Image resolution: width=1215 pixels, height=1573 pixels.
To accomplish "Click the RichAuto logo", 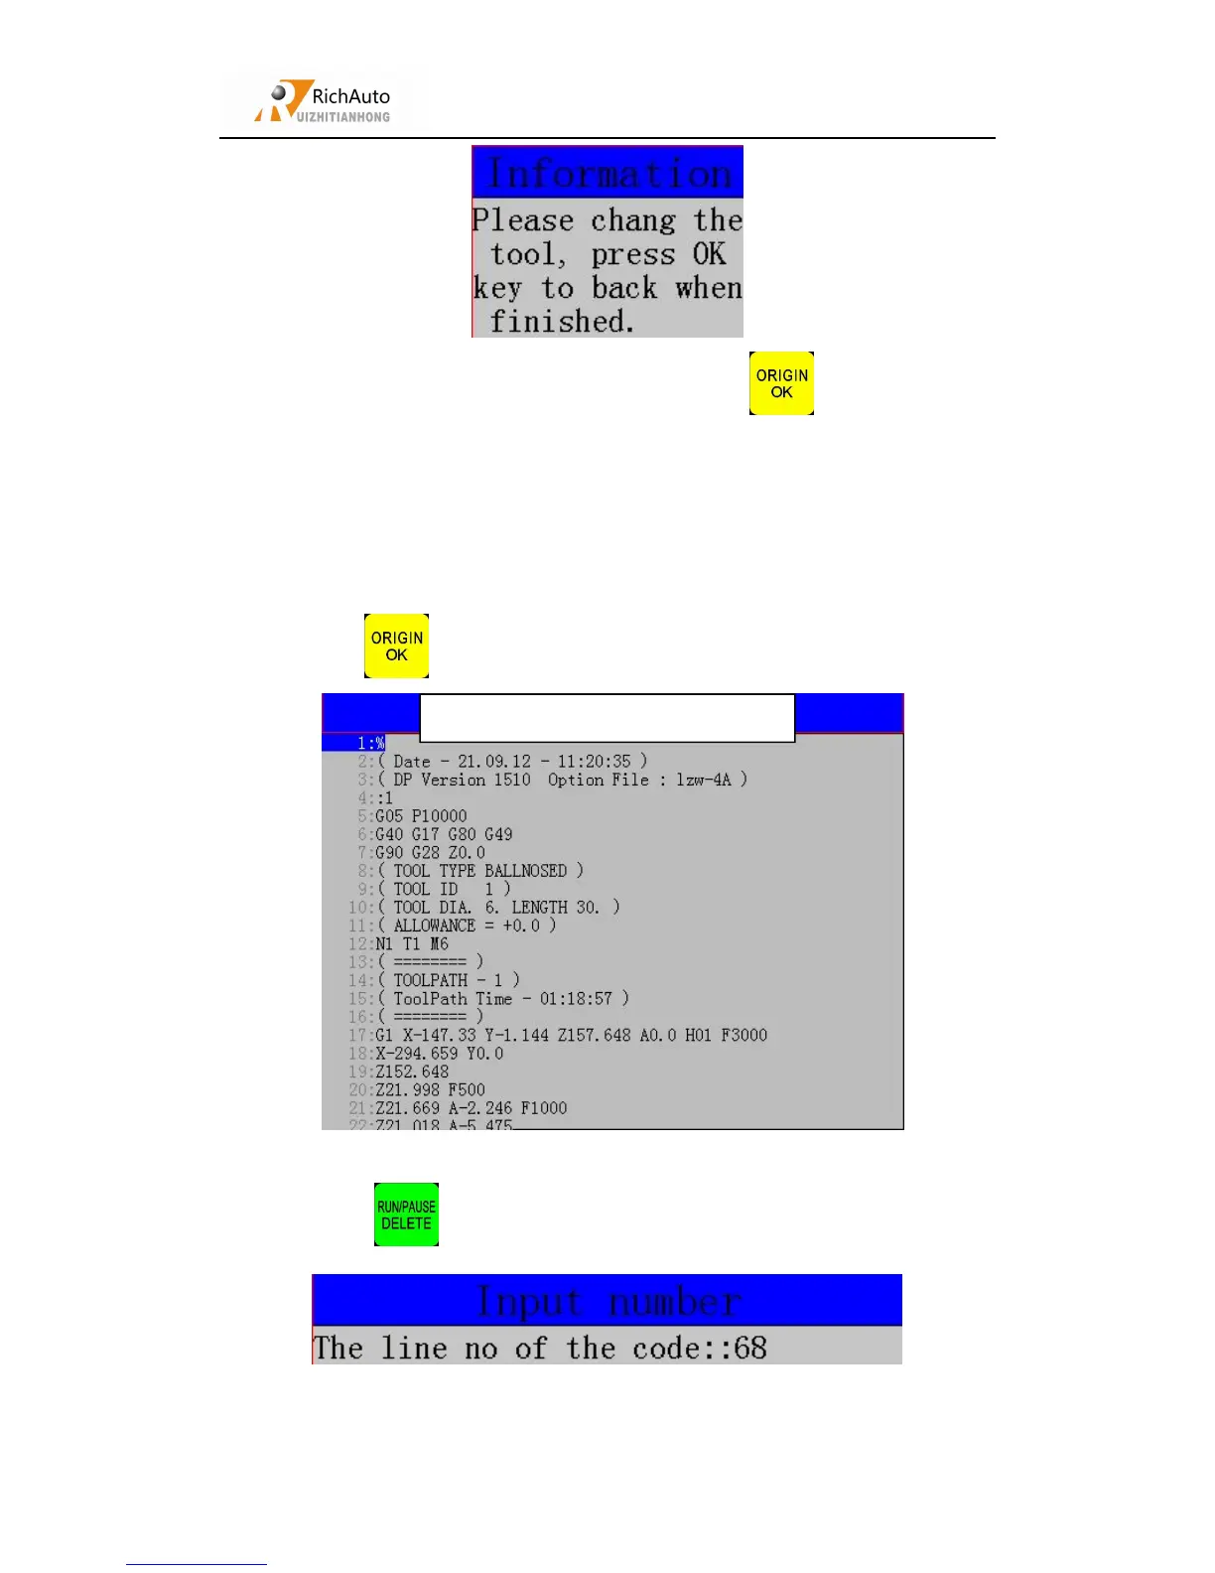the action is click(x=324, y=101).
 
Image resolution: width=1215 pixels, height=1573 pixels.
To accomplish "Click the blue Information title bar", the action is click(x=607, y=173).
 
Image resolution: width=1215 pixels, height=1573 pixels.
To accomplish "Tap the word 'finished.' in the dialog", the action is click(x=562, y=322).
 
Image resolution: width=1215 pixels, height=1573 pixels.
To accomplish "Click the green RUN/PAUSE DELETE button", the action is click(x=406, y=1215).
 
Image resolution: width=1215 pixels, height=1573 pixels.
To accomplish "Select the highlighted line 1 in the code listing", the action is click(x=371, y=743).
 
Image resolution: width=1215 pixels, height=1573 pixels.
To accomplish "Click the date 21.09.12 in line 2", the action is click(x=494, y=762).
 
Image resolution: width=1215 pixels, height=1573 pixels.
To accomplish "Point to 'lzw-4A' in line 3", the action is click(x=704, y=780).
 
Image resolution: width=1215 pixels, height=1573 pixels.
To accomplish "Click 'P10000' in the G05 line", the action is click(x=439, y=816).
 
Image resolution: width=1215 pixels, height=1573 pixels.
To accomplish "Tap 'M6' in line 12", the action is click(x=439, y=944).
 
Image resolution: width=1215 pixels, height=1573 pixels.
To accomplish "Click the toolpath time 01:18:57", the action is click(x=576, y=999).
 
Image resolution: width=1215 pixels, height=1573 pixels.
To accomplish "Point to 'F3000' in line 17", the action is click(x=743, y=1036).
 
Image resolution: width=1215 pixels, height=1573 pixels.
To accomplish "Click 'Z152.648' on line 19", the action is click(x=412, y=1072).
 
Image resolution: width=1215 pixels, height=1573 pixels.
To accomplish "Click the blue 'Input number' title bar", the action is click(x=607, y=1301).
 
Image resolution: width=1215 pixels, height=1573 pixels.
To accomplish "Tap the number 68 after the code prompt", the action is click(x=750, y=1349).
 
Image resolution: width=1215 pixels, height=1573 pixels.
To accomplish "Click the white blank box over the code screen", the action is click(x=607, y=718).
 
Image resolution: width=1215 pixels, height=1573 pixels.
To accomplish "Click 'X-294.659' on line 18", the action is click(x=416, y=1054).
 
